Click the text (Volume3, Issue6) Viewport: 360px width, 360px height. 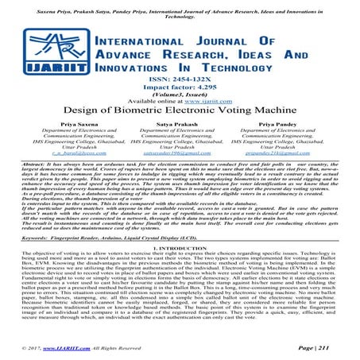[180, 110]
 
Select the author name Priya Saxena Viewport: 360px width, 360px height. [60, 145]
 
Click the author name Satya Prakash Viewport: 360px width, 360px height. [180, 145]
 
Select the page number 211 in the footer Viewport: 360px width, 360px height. [334, 349]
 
